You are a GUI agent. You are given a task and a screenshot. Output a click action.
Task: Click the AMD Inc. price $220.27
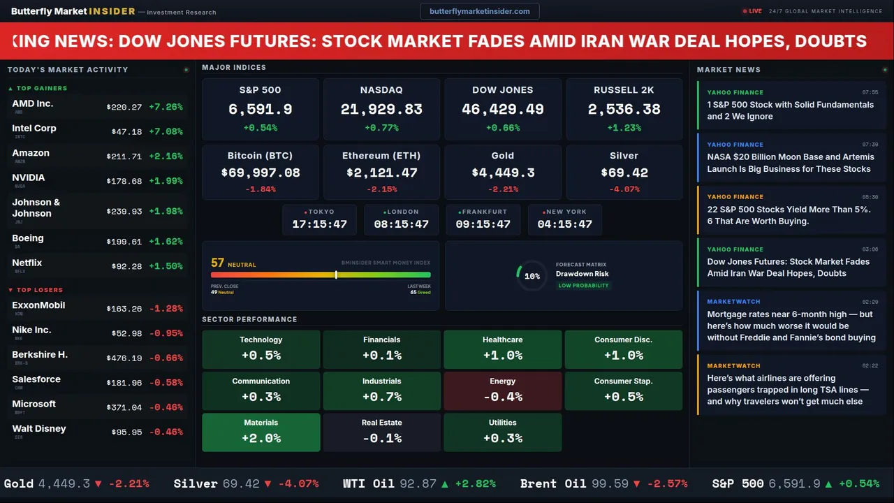pos(124,108)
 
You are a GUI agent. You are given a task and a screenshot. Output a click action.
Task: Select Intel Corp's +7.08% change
pos(166,132)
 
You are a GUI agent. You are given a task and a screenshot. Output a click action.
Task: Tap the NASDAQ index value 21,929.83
pos(381,110)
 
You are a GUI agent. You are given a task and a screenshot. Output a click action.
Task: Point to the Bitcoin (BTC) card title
pos(260,156)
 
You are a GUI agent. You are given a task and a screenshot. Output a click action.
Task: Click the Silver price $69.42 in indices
pos(624,173)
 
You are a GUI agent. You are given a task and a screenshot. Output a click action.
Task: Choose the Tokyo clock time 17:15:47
pos(319,224)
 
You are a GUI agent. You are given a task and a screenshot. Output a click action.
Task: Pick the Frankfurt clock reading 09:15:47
pos(483,224)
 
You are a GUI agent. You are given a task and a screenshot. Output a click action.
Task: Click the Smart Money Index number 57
pos(217,263)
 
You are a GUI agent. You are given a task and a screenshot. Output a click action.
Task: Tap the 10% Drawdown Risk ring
pos(532,276)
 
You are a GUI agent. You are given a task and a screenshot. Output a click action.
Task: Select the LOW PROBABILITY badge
pos(583,286)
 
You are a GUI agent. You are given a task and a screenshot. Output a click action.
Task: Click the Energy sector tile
pos(502,391)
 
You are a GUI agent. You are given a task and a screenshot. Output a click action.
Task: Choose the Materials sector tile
pos(261,432)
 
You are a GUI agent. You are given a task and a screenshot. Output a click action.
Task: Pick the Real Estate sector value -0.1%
pos(381,439)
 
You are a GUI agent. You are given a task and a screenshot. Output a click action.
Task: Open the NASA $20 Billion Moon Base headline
pos(790,163)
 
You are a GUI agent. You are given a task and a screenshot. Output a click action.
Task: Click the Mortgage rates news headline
pos(791,326)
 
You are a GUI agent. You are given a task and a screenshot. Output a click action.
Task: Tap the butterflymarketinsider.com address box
pos(479,11)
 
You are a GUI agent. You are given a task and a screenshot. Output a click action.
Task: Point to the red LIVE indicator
pos(752,11)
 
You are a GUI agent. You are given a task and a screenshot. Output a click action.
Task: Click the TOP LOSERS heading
pos(39,290)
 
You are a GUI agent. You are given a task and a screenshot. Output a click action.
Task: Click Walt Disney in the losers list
pos(39,429)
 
